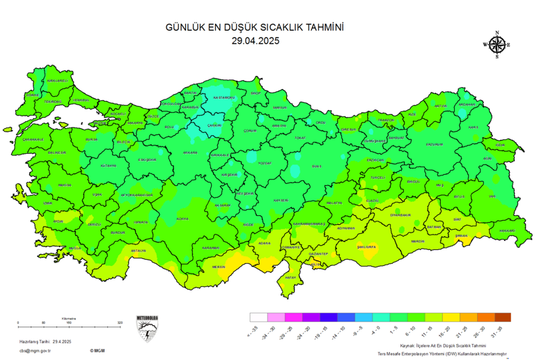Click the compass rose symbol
pos(497,45)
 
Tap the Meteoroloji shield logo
pos(147,328)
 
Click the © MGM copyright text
pos(97,350)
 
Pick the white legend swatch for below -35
pos(257,317)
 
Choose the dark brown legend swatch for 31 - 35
pos(503,317)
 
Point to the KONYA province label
pos(182,219)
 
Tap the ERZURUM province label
pos(435,144)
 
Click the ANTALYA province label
pos(138,250)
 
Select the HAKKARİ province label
pos(506,230)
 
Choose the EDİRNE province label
pos(32,95)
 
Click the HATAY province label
pos(291,277)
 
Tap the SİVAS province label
pos(317,166)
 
